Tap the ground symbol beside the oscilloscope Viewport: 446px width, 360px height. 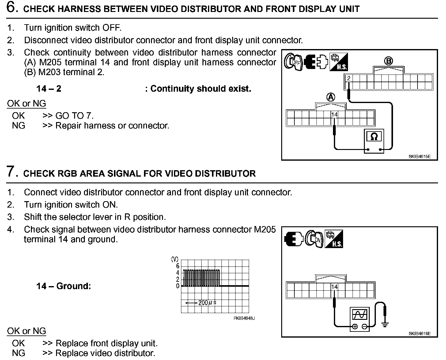tap(385, 324)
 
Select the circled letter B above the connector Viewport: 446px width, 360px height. tap(388, 61)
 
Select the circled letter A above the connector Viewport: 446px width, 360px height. tap(331, 98)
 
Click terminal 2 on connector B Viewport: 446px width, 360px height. tap(349, 78)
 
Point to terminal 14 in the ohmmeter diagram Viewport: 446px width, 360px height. tap(334, 114)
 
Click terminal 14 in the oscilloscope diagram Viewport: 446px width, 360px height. tap(334, 287)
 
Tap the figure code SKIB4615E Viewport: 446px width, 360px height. tap(419, 156)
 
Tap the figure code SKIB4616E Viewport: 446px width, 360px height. tap(419, 333)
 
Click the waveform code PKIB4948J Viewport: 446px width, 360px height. tap(244, 318)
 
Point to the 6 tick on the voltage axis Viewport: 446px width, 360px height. tap(178, 266)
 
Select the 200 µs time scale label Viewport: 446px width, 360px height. tap(207, 303)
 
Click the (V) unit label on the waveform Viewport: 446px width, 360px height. tap(175, 259)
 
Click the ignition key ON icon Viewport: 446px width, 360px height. tap(315, 239)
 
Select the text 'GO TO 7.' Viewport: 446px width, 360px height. tap(74, 116)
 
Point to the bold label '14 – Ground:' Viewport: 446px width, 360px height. tap(63, 286)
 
